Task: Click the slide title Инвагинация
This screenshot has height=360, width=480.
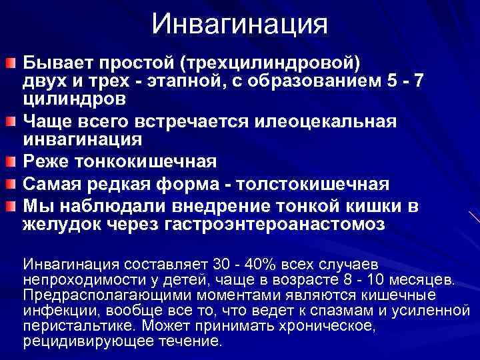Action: (239, 25)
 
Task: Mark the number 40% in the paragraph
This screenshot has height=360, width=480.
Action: (245, 262)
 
